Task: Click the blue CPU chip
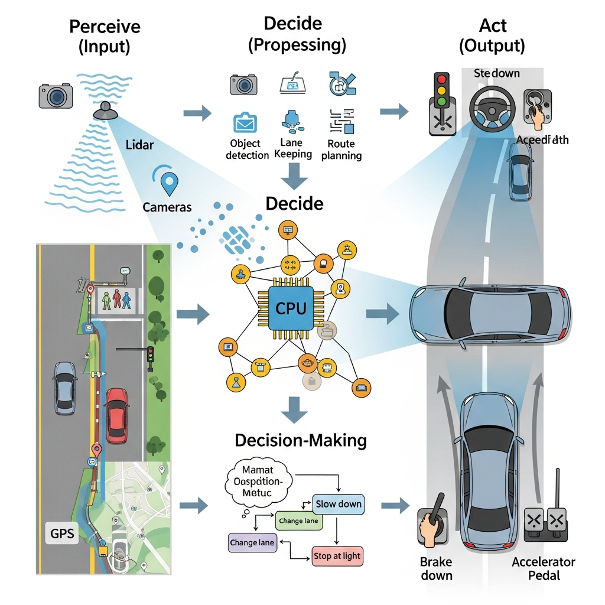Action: click(x=291, y=307)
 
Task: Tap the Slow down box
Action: click(x=339, y=504)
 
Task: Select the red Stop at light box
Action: click(x=336, y=556)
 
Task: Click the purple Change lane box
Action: click(x=252, y=542)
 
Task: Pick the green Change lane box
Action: click(x=298, y=521)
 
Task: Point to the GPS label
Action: click(x=62, y=534)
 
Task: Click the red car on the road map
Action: click(x=116, y=415)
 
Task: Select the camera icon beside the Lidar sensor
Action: click(x=56, y=95)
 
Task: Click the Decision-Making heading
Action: click(x=301, y=440)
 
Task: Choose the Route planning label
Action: click(x=341, y=149)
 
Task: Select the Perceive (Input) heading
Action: click(x=105, y=37)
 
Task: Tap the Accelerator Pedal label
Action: click(x=544, y=568)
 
